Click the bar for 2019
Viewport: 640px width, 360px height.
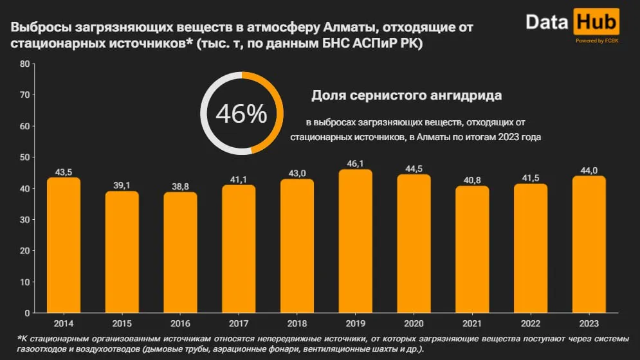click(355, 241)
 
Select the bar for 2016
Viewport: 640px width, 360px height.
click(180, 252)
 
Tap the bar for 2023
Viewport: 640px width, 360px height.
click(589, 244)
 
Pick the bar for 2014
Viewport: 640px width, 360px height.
click(64, 245)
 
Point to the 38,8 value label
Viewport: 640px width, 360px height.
click(180, 186)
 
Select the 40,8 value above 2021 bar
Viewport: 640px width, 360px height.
click(472, 181)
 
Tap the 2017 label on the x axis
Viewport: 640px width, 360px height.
click(239, 323)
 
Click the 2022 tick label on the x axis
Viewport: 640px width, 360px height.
click(530, 323)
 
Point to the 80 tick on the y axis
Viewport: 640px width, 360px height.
click(25, 64)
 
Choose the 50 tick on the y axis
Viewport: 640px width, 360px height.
click(25, 157)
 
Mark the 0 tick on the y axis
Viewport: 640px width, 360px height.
click(28, 313)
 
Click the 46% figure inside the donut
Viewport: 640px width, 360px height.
click(241, 114)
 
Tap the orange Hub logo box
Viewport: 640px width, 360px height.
click(596, 22)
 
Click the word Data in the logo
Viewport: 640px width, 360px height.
click(547, 22)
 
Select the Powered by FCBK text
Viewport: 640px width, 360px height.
click(596, 40)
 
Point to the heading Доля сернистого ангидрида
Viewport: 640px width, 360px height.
click(407, 96)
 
